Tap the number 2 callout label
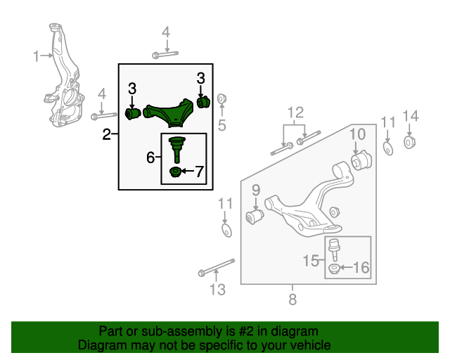point(106,134)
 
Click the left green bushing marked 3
point(132,113)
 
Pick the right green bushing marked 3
point(203,102)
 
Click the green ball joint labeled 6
point(176,148)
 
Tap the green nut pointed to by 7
point(176,173)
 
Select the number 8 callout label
point(292,300)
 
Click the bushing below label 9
point(255,216)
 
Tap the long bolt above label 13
point(217,269)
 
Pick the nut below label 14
point(411,143)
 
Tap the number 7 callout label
point(198,171)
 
